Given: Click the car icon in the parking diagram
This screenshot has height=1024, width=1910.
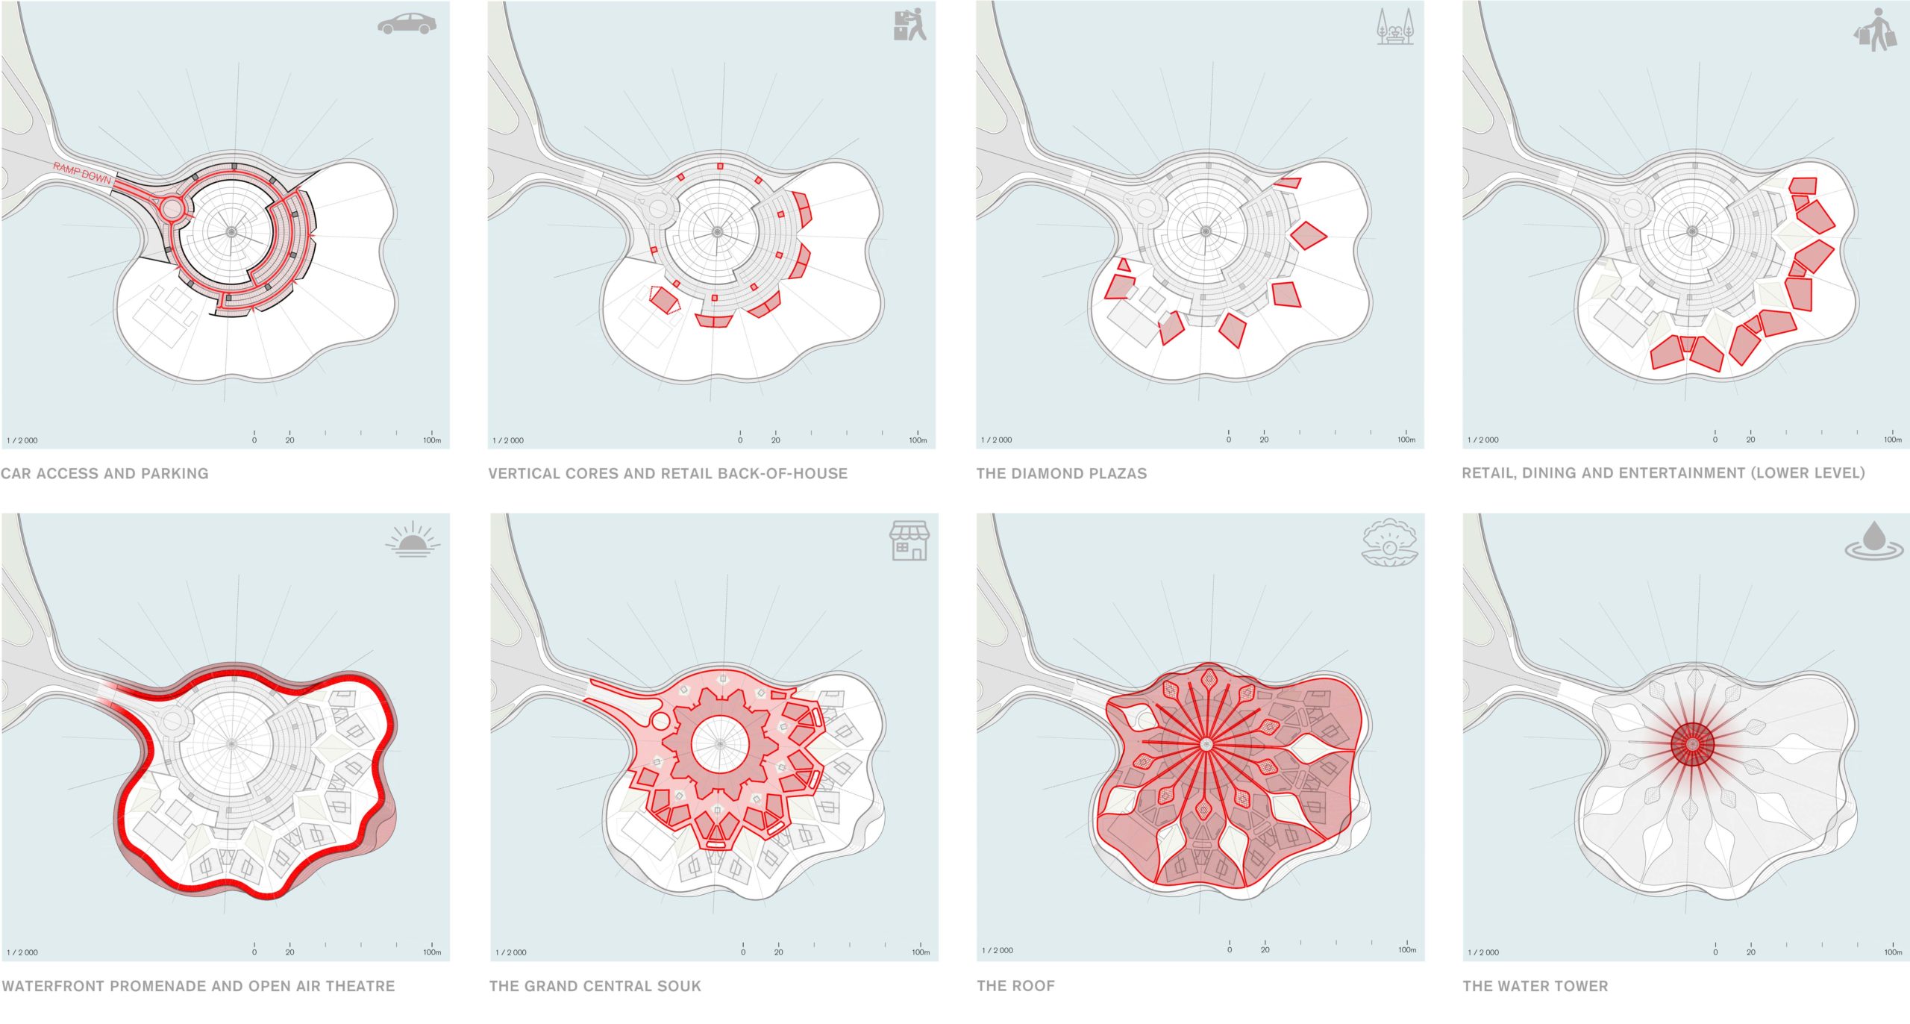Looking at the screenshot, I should click(x=407, y=24).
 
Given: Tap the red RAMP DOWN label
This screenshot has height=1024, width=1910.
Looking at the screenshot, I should click(x=82, y=173).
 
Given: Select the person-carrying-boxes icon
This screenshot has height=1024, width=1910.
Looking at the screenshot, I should click(x=909, y=24).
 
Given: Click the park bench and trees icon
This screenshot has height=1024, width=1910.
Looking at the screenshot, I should click(x=1394, y=27).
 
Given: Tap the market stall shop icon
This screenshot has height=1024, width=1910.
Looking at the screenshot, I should click(x=909, y=540).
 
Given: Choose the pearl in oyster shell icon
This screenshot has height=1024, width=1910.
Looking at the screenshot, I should click(x=1389, y=543).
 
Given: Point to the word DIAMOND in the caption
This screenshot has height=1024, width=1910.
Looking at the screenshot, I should click(x=1045, y=473).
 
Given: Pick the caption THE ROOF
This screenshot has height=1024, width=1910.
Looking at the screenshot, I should click(x=1015, y=986).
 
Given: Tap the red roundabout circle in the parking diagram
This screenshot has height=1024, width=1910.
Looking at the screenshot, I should click(x=172, y=207).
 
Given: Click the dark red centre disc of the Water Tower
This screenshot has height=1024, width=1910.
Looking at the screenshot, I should click(x=1692, y=744).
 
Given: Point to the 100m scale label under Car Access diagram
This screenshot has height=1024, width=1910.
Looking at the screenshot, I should click(x=432, y=440).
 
